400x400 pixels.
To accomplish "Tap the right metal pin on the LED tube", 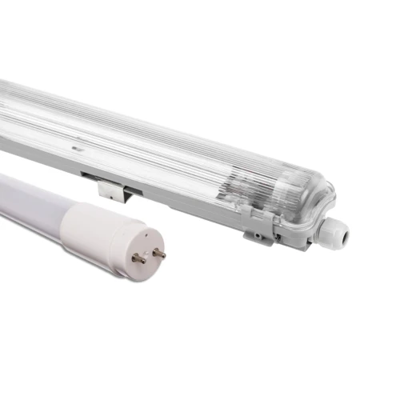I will (160, 254).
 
